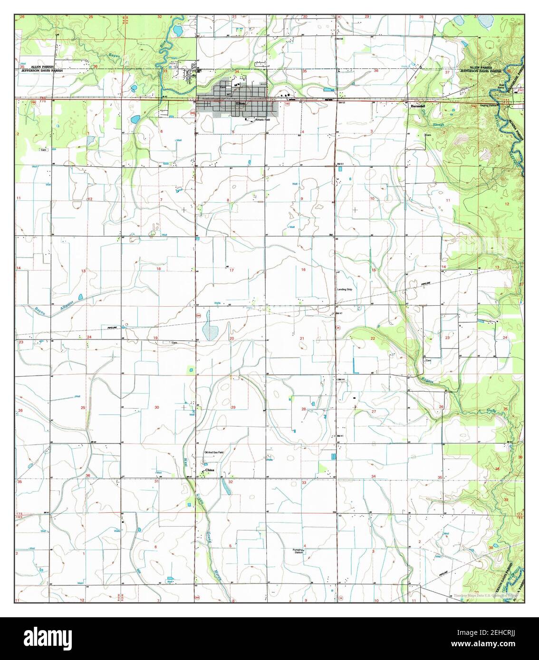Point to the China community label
210,470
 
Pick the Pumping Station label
298,551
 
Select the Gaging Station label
489,105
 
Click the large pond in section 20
209,330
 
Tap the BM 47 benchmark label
339,313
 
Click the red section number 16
302,269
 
